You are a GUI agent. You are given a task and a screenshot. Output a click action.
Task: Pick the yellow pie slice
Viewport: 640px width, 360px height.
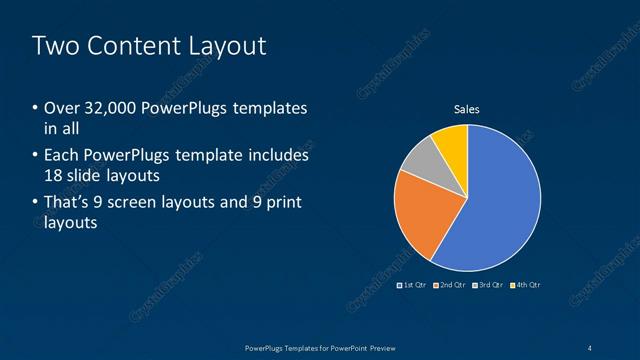tap(452, 141)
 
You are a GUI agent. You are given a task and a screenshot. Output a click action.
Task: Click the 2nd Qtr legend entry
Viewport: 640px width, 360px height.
tap(452, 285)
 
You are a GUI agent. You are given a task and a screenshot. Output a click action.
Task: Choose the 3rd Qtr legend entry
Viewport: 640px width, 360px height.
tap(489, 285)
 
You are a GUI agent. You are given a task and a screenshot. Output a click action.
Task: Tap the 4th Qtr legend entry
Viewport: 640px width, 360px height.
tap(526, 285)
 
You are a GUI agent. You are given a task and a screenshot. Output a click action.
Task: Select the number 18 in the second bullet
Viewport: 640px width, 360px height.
tap(55, 175)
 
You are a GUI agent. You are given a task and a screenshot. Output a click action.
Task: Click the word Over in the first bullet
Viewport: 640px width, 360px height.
tap(61, 108)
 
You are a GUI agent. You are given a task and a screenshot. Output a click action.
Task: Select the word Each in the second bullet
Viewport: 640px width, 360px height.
tap(61, 156)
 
